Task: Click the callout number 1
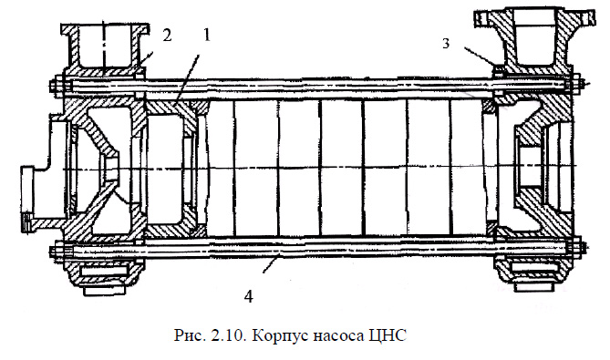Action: pos(207,36)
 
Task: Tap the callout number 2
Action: pos(166,36)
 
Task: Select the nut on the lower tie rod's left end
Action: pos(57,251)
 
